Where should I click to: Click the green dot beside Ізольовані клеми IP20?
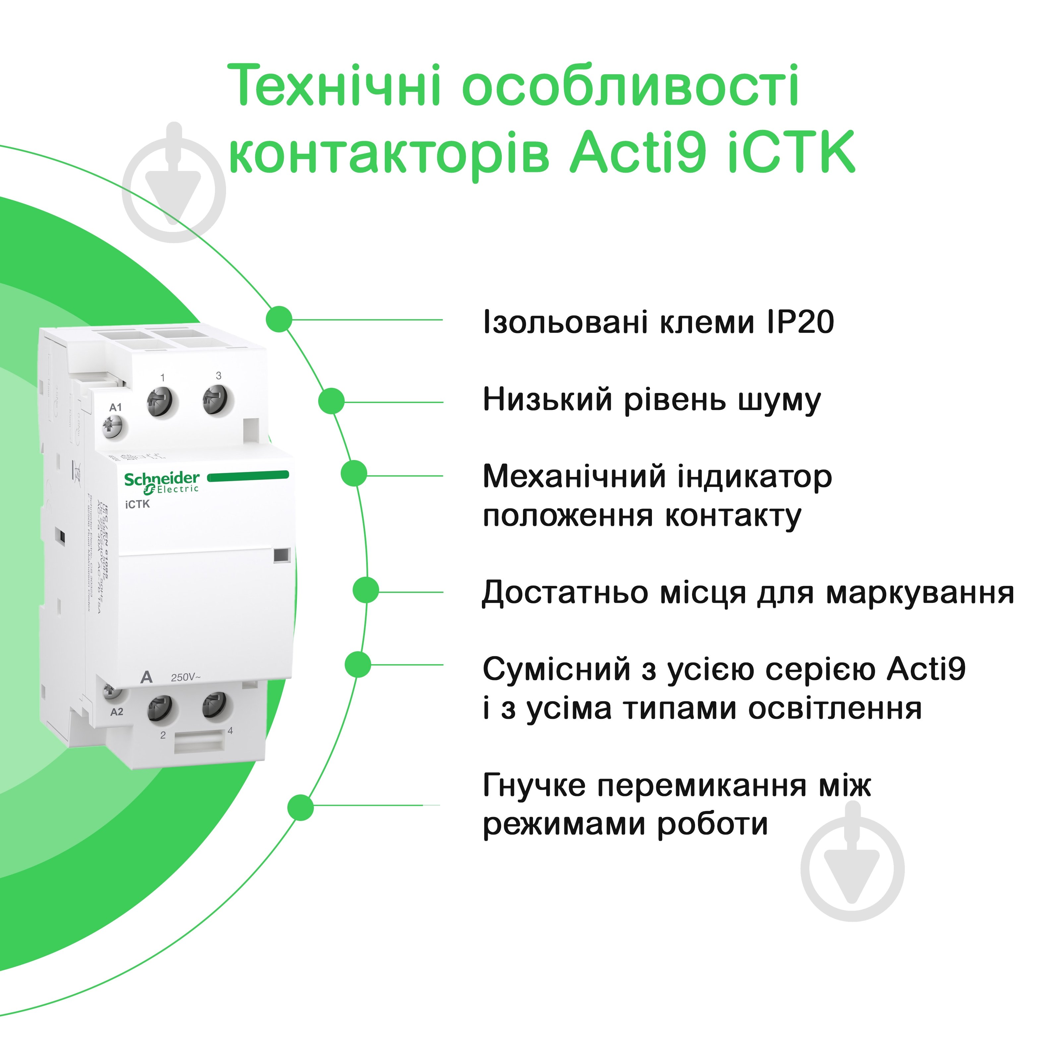tap(279, 319)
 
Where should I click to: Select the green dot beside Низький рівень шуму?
tap(331, 401)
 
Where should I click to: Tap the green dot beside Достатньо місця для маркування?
tap(366, 590)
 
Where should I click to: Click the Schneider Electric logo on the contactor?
tap(161, 482)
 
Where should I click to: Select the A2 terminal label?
tap(117, 712)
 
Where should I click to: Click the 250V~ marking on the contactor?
tap(185, 677)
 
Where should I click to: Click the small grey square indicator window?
tap(281, 555)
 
